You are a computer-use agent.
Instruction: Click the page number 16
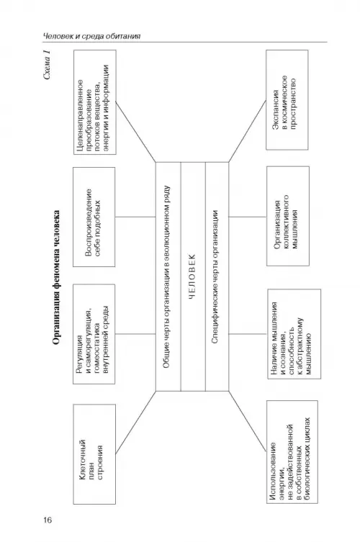(48, 520)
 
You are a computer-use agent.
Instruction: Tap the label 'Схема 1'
(48, 65)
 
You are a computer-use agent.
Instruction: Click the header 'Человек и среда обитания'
(92, 36)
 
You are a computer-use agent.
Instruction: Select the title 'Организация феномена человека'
(56, 278)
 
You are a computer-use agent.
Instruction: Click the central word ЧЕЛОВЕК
(193, 276)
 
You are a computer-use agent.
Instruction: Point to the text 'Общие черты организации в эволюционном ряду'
(166, 277)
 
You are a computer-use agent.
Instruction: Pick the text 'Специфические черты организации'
(215, 276)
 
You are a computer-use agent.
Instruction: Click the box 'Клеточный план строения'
(94, 454)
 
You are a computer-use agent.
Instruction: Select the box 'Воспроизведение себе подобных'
(94, 217)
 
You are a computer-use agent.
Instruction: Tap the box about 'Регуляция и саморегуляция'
(94, 334)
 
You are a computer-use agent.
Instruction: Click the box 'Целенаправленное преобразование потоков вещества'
(95, 102)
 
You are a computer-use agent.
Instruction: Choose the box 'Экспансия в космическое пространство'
(287, 100)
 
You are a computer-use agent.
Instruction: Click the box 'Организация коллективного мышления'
(288, 216)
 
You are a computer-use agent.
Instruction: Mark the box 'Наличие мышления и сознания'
(294, 334)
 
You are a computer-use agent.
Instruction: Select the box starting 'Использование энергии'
(292, 452)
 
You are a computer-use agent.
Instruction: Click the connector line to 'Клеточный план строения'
(135, 423)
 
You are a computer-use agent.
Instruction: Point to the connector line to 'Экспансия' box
(247, 131)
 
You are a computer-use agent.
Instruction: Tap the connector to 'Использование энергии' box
(247, 421)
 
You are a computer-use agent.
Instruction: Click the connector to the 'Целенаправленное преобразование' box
(136, 132)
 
